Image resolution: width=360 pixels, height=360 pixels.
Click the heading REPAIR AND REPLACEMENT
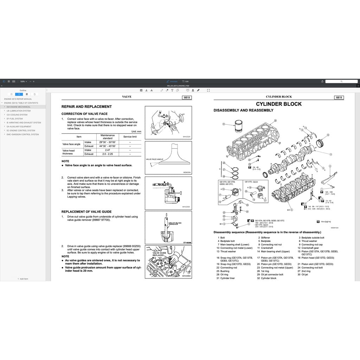pos(86,107)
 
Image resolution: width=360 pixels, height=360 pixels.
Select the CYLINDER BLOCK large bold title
pos(278,104)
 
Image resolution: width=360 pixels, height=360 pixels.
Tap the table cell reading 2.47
pos(108,150)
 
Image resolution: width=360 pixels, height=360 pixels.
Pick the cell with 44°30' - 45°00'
pos(108,146)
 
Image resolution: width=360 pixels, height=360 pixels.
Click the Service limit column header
pos(130,137)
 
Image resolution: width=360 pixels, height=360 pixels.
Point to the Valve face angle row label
pos(71,144)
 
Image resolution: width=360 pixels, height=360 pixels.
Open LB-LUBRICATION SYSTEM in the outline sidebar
pos(19,111)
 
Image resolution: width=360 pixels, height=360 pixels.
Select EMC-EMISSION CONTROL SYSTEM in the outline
pos(22,134)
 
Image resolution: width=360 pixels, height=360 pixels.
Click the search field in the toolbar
pos(341,81)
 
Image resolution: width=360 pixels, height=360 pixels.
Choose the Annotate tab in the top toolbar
pos(172,81)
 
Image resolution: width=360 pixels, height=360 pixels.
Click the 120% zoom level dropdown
pos(23,81)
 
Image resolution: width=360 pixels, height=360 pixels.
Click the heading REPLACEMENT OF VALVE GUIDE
pos(86,212)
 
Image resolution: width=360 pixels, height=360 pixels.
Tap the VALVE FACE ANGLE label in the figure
pos(155,159)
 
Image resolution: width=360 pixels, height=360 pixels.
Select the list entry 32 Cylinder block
pos(268,278)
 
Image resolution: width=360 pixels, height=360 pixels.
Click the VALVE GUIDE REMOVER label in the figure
pos(175,224)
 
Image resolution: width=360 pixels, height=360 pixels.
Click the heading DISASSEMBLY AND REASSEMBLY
pos(243,110)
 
